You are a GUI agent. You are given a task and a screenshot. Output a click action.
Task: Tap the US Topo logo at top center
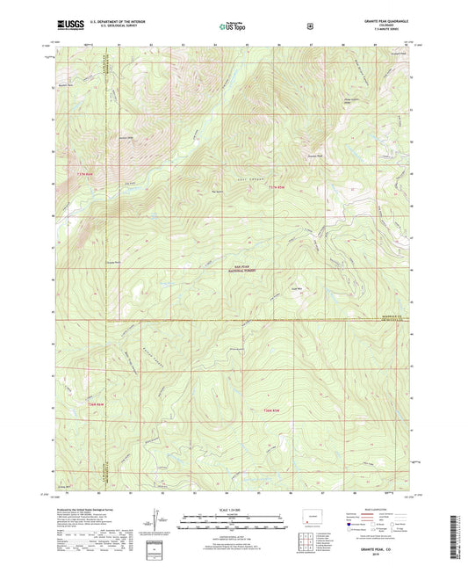(232, 27)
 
